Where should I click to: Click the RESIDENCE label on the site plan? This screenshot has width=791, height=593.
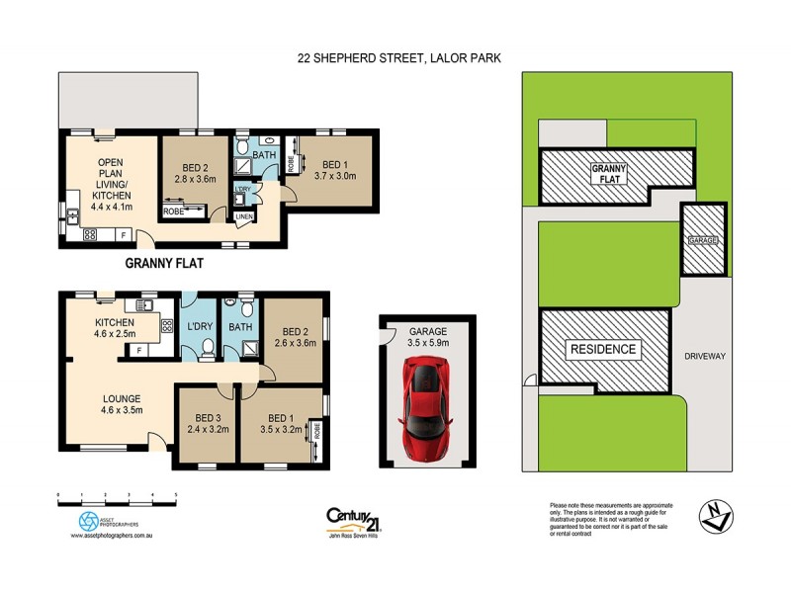pos(602,349)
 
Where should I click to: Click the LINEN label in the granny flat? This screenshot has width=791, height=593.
pos(243,216)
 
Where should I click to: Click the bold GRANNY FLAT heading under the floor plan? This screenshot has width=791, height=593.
pos(165,264)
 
